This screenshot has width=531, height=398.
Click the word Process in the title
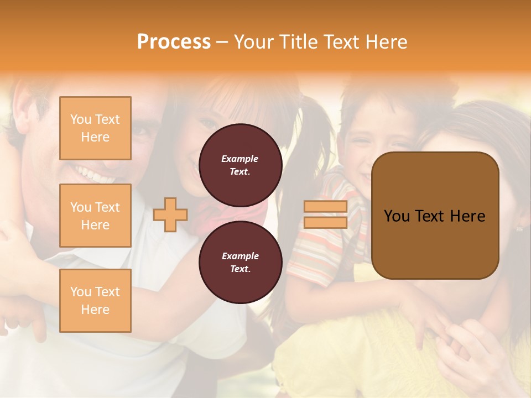pyautogui.click(x=174, y=42)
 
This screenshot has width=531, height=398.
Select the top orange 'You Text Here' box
pyautogui.click(x=95, y=128)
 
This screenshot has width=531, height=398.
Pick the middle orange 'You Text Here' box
pyautogui.click(x=95, y=216)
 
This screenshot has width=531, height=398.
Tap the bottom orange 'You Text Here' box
pyautogui.click(x=95, y=301)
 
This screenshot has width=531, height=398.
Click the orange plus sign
pyautogui.click(x=170, y=215)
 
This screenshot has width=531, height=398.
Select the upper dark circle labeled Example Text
pyautogui.click(x=240, y=165)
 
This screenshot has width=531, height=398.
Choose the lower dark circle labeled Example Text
pyautogui.click(x=240, y=262)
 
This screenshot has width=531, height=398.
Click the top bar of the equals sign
pyautogui.click(x=325, y=207)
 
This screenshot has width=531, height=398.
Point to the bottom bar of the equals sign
pyautogui.click(x=325, y=223)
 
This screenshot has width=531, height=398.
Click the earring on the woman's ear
pyautogui.click(x=519, y=227)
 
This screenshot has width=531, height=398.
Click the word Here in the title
pyautogui.click(x=385, y=42)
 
